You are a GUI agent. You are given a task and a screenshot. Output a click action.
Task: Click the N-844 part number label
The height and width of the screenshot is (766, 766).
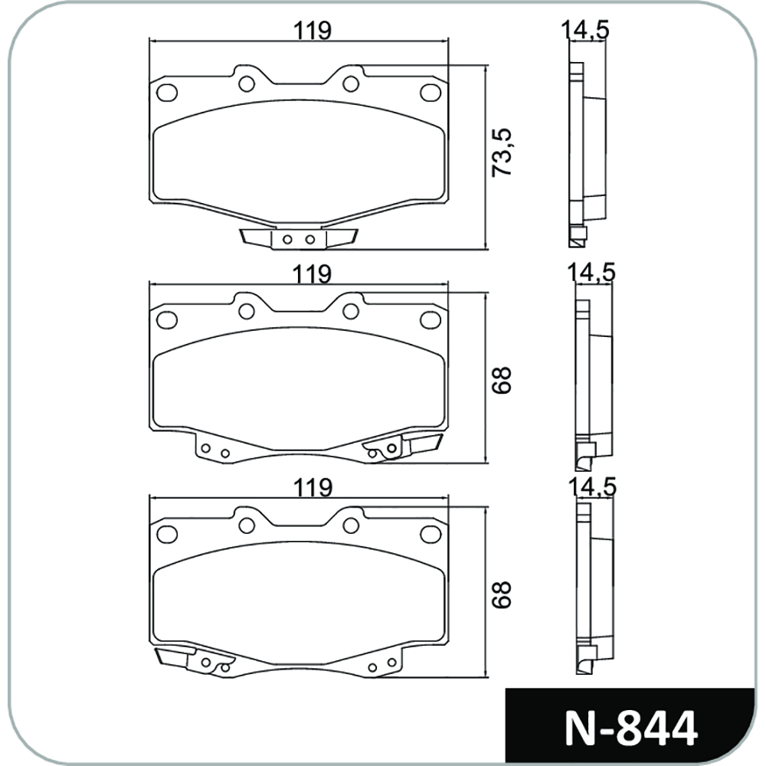click(630, 729)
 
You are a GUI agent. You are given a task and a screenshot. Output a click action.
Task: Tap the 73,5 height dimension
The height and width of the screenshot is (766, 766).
click(502, 152)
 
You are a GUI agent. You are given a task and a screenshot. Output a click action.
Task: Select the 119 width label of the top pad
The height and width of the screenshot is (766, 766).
click(313, 31)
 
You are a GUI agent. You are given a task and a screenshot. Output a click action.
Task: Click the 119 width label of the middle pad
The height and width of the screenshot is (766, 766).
click(313, 274)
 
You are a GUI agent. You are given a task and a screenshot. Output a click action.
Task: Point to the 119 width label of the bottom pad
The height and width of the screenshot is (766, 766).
click(313, 487)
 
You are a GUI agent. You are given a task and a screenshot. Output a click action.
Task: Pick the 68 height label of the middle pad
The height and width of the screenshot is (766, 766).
click(502, 380)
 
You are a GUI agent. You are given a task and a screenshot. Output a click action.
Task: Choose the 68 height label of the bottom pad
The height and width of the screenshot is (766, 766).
click(502, 594)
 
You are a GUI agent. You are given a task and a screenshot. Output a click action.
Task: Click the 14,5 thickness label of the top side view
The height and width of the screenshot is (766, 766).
click(584, 31)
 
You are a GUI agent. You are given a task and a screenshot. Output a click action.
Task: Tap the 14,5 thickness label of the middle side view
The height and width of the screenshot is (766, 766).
click(591, 272)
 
